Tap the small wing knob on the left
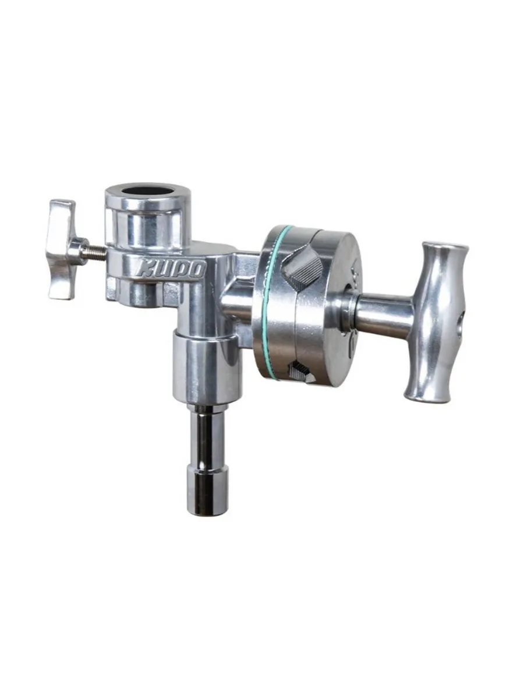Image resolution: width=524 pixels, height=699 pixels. tap(63, 249)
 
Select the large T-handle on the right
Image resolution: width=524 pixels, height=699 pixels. tap(436, 322)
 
